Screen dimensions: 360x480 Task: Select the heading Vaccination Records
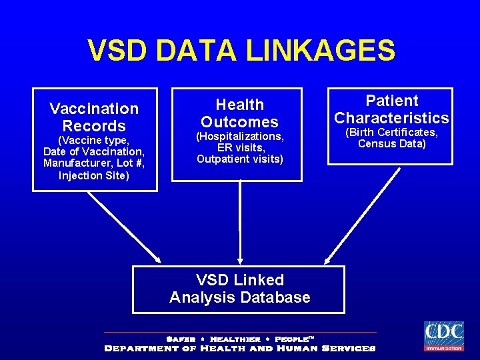94,117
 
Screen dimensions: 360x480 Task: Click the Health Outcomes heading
239,113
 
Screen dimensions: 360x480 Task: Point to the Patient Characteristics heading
392,109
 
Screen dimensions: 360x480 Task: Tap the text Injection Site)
94,176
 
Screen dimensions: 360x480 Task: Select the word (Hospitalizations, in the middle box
239,136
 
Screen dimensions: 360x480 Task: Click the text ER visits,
239,147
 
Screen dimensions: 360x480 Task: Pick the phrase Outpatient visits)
239,159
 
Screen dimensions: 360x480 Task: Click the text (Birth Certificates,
391,133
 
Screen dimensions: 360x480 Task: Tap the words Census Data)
391,143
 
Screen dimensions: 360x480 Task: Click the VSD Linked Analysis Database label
239,289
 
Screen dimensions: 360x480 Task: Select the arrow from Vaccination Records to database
125,227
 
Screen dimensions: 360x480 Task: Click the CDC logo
443,336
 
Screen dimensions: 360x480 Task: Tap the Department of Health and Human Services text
240,348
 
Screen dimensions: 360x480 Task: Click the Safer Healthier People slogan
240,339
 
